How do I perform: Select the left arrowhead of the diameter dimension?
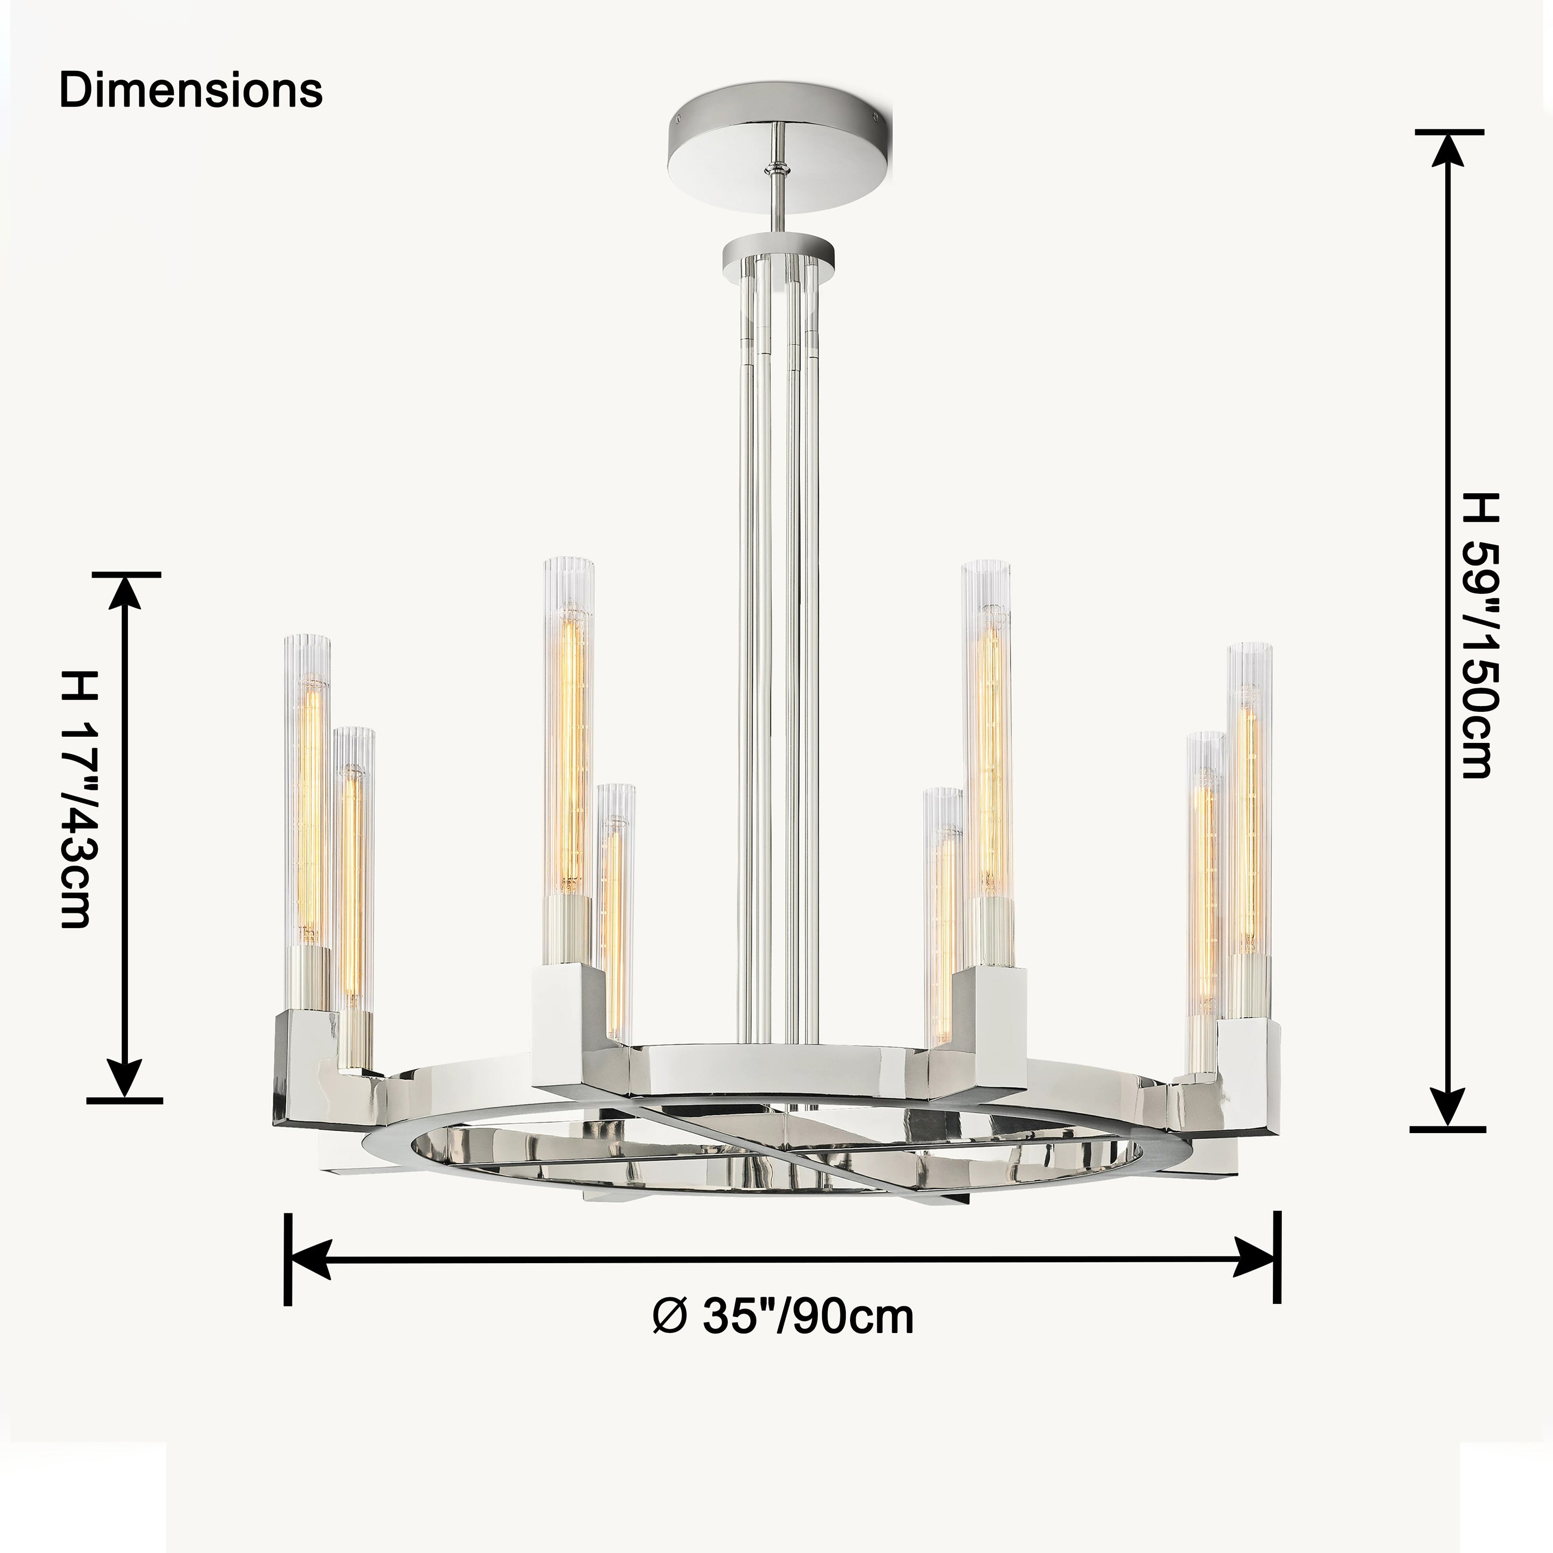(x=310, y=1259)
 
